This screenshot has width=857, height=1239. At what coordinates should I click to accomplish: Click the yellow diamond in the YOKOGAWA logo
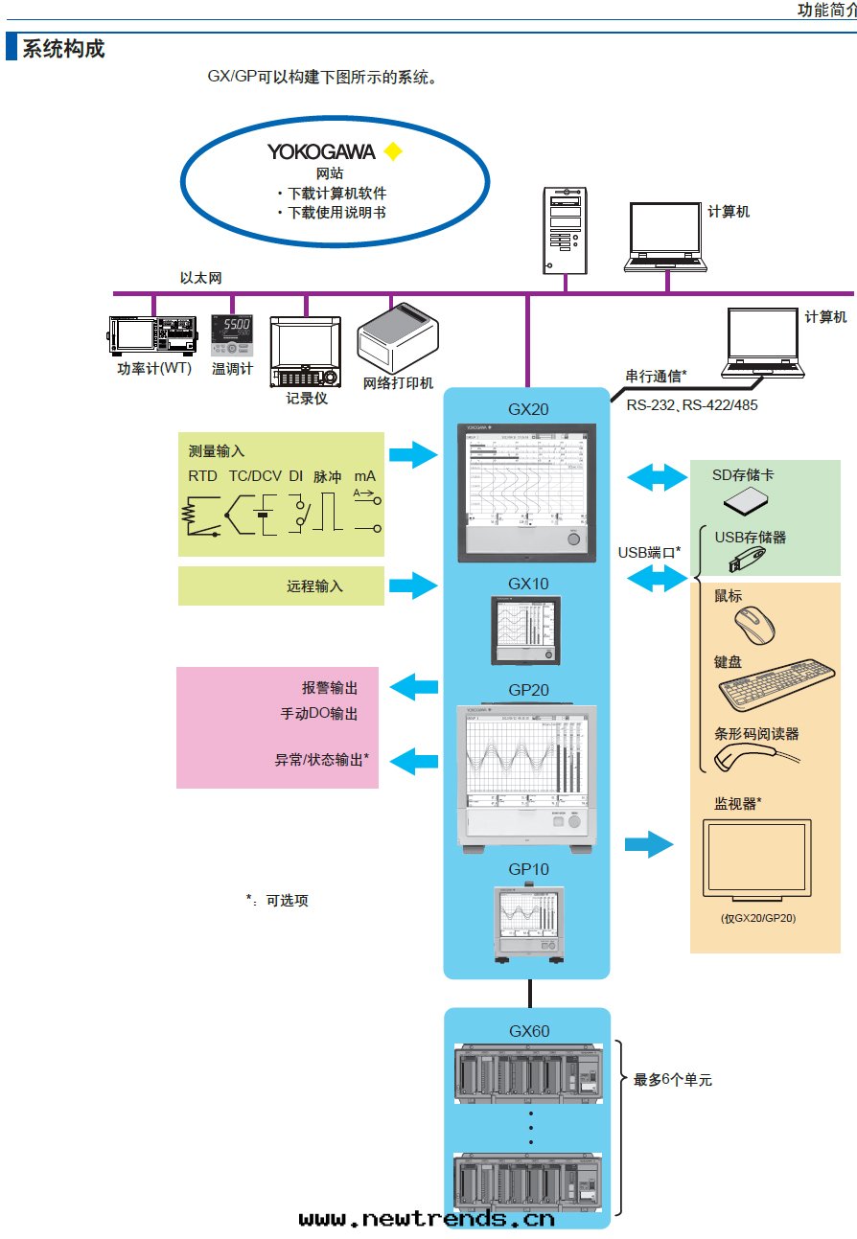coord(392,152)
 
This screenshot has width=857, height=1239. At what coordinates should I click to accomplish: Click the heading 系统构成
coord(63,48)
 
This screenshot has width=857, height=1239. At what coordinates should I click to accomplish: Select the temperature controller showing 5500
coord(231,334)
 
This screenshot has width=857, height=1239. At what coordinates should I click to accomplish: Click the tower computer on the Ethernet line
coord(566,230)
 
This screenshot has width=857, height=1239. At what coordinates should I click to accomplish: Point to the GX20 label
coord(528,409)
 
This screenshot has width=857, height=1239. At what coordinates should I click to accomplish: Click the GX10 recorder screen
coord(524,627)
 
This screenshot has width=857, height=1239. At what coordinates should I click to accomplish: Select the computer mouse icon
coord(755,626)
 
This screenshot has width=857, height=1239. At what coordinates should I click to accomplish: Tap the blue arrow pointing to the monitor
coord(649,844)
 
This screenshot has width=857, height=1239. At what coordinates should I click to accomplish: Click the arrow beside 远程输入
coord(413,585)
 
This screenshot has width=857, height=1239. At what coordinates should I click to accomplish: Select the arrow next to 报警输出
coord(414,686)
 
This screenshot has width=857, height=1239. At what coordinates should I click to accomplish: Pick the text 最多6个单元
coord(673,1080)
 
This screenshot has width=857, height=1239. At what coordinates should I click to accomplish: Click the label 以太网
coord(201,278)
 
